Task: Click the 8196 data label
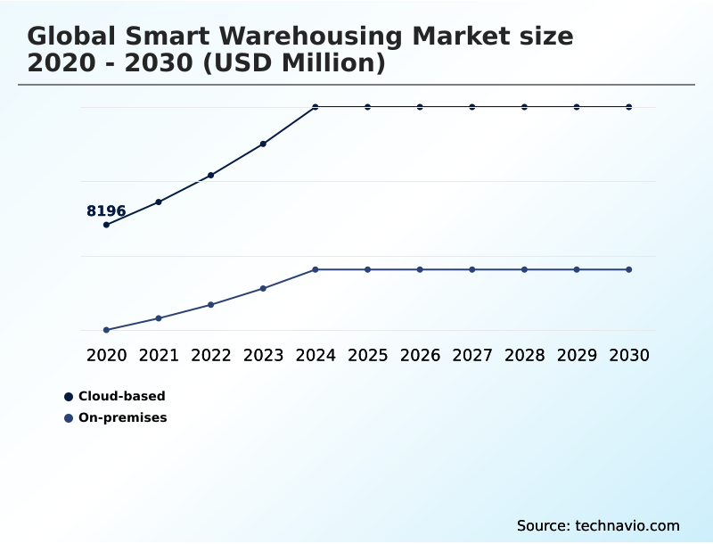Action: point(106,211)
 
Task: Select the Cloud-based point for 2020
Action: point(106,225)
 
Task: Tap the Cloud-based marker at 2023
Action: point(263,144)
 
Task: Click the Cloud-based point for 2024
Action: point(316,107)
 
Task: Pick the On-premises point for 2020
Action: point(106,330)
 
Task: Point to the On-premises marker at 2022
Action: point(211,305)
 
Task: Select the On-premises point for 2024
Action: point(316,269)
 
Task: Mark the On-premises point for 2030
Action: point(629,269)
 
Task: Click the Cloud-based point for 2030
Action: point(629,107)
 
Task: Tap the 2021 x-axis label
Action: point(159,356)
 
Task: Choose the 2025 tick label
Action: point(367,356)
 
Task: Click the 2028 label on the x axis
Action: point(524,356)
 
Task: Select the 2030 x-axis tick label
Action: point(629,356)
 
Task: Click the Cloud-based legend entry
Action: point(121,396)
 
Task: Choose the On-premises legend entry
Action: point(122,417)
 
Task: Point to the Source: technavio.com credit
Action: point(598,525)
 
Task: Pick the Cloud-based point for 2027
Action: point(472,107)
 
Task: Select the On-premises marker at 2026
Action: point(420,269)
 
